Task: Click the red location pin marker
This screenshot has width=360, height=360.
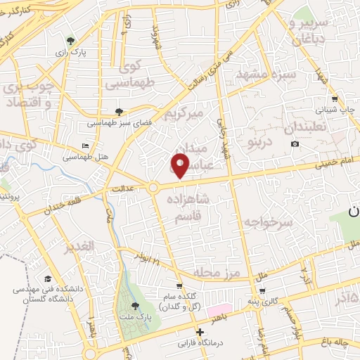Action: pos(181,165)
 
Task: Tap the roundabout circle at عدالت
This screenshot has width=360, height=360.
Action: pos(153,188)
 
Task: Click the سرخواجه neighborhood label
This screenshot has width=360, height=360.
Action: pos(267,221)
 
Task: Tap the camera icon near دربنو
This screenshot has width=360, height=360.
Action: pos(295,144)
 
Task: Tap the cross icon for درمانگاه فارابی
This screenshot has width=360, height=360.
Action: pos(200,332)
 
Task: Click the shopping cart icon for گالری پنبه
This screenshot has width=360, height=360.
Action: pos(262,290)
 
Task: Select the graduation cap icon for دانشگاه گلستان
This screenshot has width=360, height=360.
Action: pos(48,278)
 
